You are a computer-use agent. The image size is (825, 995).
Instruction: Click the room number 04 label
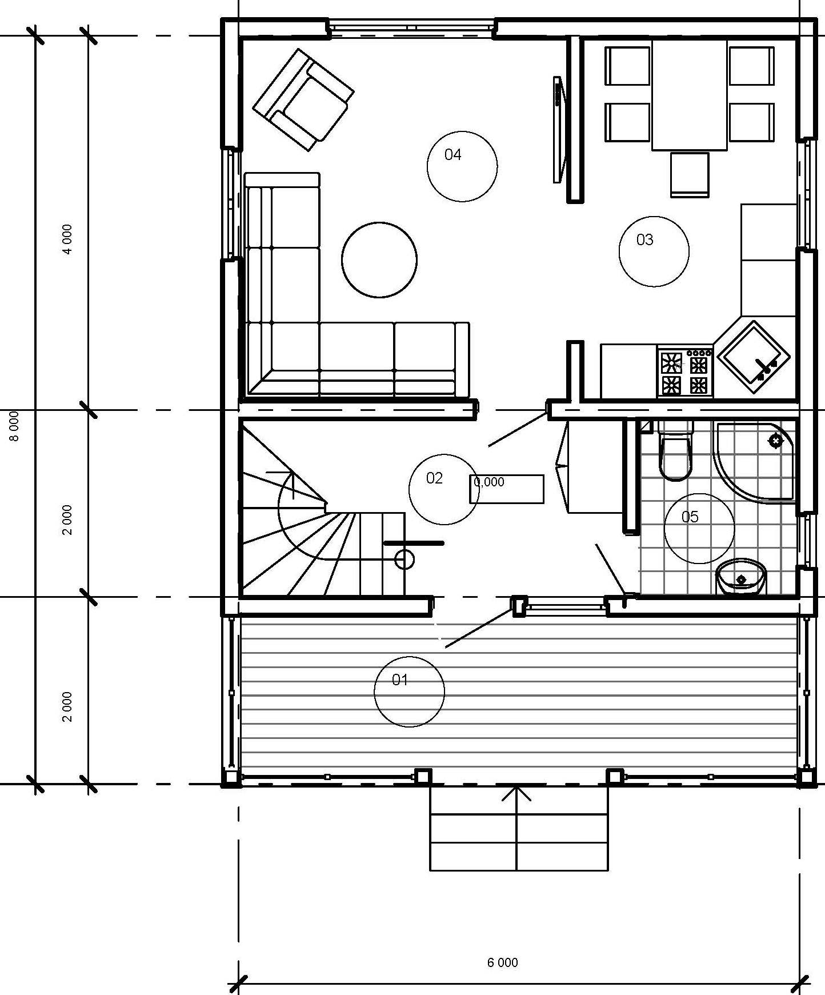coord(452,154)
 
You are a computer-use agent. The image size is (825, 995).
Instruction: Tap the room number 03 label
coord(644,239)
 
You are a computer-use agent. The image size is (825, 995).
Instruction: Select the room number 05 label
coord(690,517)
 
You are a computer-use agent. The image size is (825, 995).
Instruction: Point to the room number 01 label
coord(400,680)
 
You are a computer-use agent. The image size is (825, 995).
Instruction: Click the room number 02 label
coord(434,478)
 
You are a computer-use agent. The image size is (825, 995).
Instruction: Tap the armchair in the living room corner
coord(303,99)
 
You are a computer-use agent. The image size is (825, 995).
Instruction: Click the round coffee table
coord(379,259)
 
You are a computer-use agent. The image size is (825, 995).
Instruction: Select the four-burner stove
coord(685,371)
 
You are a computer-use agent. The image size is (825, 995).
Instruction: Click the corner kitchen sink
coord(754,357)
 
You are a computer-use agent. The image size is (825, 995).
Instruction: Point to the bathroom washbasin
coord(741,577)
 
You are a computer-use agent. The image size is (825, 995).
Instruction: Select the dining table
coord(690,94)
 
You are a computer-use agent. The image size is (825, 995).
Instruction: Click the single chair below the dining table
coord(690,174)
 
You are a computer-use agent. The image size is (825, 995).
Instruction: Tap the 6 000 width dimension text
coord(503,963)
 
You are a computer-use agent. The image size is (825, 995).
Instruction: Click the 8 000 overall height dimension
coord(15,426)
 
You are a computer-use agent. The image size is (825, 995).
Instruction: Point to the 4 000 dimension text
coord(67,239)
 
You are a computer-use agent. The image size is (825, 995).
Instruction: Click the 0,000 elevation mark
coord(489,482)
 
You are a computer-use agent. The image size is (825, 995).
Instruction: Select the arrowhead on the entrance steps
coord(516,794)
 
